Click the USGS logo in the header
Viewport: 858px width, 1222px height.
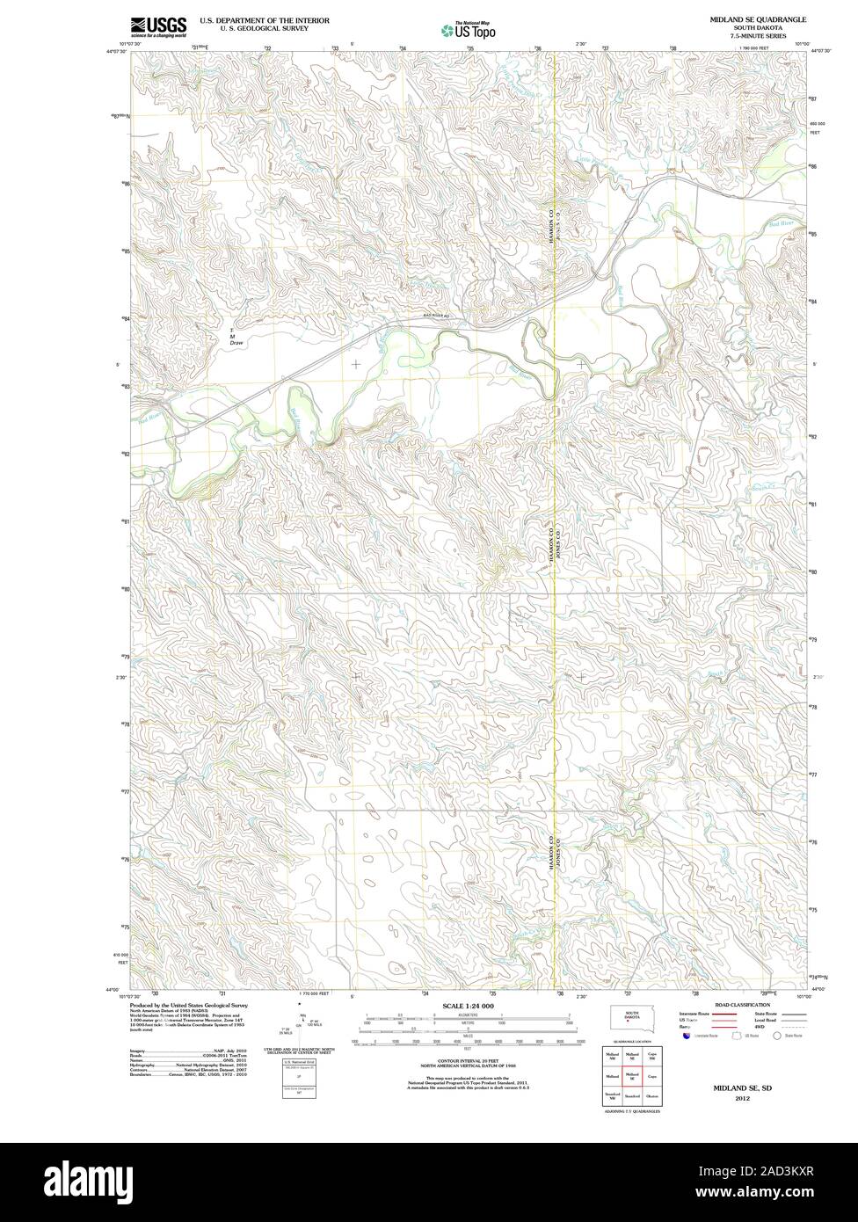158,25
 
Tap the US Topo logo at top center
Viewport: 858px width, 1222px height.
469,29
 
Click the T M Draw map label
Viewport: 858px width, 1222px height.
236,334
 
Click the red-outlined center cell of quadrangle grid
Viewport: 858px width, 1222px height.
631,1075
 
